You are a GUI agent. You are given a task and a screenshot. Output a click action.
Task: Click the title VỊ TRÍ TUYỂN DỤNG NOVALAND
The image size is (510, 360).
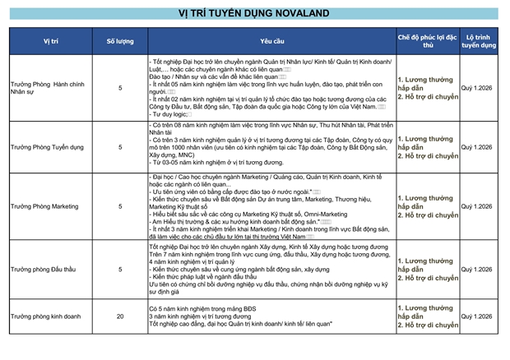tap(254, 13)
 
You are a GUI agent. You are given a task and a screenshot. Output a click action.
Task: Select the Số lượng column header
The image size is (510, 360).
tap(120, 40)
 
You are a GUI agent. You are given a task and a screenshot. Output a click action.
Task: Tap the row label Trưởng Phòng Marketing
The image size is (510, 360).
tap(48, 206)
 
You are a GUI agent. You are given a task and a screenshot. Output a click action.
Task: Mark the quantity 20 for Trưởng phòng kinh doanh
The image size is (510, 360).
tap(120, 316)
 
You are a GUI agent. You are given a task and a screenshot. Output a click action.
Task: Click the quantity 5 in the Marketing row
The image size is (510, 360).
tap(120, 206)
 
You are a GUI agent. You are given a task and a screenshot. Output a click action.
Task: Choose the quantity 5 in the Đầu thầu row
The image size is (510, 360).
tap(120, 268)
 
